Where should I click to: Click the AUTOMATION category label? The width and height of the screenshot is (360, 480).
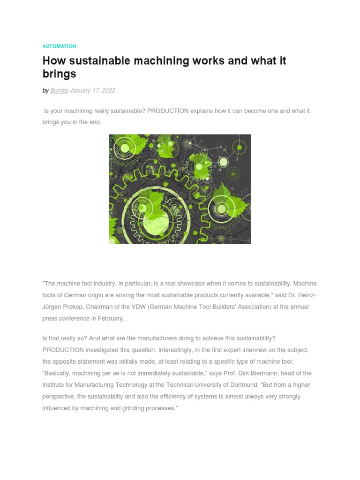pyautogui.click(x=59, y=46)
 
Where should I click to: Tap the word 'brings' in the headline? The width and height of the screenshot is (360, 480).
pyautogui.click(x=59, y=74)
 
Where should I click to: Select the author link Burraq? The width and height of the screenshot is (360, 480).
pyautogui.click(x=59, y=90)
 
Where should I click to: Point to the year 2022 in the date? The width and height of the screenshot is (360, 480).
pyautogui.click(x=108, y=90)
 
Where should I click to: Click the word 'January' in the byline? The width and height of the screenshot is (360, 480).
pyautogui.click(x=80, y=90)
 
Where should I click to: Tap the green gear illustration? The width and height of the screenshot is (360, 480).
pyautogui.click(x=180, y=189)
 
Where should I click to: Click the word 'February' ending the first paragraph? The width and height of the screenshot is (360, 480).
pyautogui.click(x=111, y=319)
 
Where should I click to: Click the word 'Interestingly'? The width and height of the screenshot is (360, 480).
pyautogui.click(x=176, y=350)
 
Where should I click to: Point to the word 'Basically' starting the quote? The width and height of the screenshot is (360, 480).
pyautogui.click(x=57, y=373)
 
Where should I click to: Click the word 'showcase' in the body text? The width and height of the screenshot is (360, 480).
pyautogui.click(x=198, y=284)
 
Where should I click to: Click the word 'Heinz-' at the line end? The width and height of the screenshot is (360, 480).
pyautogui.click(x=307, y=295)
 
